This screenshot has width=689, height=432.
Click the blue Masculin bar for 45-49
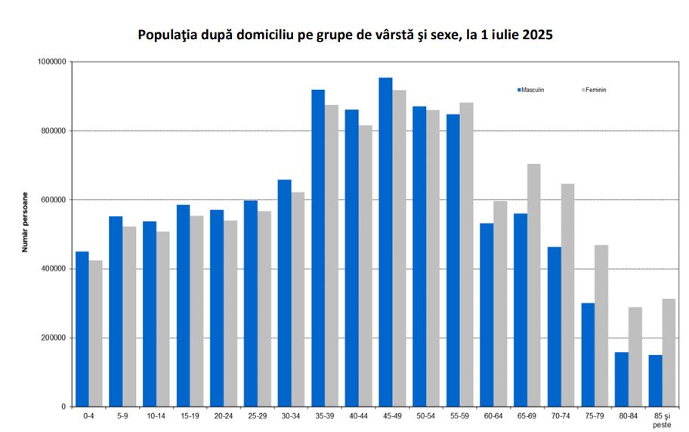pos(385,242)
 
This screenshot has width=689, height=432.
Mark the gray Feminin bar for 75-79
pos(601,326)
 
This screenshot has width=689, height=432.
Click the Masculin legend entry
pos(532,90)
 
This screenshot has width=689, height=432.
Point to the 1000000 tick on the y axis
pos(52,62)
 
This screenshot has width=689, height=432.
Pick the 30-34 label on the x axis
pos(291,416)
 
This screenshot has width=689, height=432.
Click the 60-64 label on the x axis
pos(493,416)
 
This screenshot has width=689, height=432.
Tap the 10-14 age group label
pos(156,416)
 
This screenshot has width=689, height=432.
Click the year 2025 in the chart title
pos(537,35)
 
